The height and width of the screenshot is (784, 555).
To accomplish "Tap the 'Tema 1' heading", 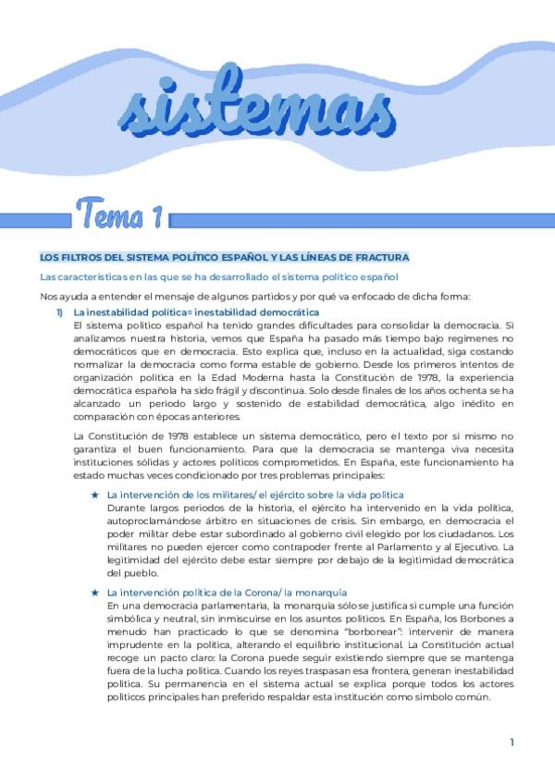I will click(x=120, y=218).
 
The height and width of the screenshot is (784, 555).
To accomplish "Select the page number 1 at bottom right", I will click(x=512, y=741).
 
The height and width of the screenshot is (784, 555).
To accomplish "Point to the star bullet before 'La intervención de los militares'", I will click(x=95, y=495).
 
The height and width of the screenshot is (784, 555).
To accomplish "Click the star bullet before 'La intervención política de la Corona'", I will click(x=95, y=591).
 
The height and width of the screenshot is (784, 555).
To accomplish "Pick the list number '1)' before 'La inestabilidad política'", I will click(x=60, y=313).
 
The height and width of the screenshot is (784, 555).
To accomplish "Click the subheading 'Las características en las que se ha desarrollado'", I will click(x=218, y=276).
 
